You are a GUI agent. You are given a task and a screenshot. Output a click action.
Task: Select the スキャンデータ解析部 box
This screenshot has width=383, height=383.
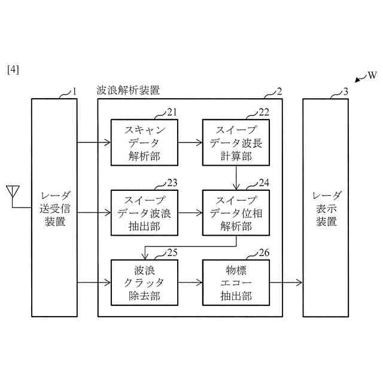click(x=144, y=143)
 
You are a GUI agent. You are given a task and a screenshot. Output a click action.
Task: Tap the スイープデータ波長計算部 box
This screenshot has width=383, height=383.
click(x=236, y=143)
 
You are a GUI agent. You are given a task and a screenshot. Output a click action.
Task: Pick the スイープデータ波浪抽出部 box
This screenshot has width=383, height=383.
click(x=144, y=212)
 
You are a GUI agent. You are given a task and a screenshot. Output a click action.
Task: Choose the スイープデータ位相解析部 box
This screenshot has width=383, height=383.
click(x=236, y=212)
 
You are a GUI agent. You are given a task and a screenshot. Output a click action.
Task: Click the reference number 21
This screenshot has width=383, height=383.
click(x=172, y=112)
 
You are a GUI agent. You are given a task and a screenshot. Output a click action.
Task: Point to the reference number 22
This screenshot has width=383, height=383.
click(x=264, y=112)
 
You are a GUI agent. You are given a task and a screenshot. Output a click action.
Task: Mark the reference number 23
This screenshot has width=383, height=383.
click(x=172, y=182)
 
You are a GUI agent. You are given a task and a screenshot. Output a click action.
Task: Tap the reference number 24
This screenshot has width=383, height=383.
click(x=264, y=182)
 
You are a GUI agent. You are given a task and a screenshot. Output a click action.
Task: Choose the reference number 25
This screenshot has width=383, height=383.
click(x=172, y=251)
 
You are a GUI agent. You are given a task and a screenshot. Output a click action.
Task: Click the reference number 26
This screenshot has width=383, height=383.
click(x=264, y=251)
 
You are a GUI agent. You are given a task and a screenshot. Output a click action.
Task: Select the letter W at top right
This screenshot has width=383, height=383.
click(x=372, y=75)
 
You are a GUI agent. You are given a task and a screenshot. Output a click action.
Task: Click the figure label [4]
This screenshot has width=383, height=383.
click(x=13, y=69)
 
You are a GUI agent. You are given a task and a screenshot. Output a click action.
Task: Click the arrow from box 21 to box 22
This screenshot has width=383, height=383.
click(x=190, y=143)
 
